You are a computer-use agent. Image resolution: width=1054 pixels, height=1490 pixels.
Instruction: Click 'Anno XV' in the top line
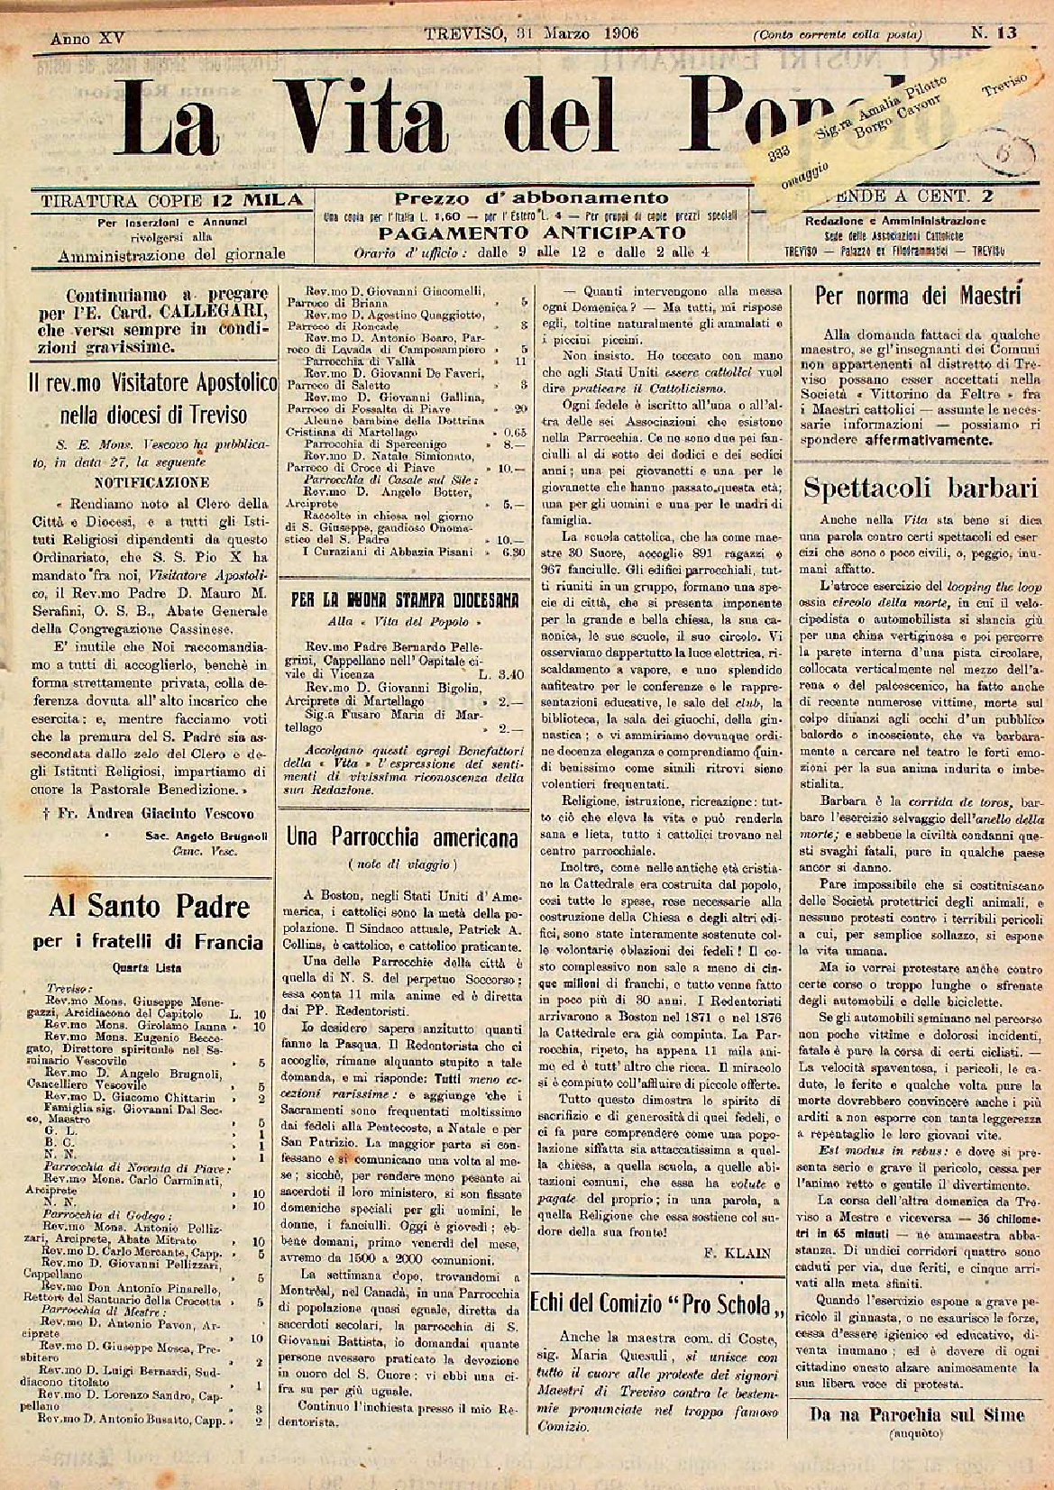click(87, 39)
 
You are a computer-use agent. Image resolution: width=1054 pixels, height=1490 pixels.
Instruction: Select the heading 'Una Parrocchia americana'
click(402, 836)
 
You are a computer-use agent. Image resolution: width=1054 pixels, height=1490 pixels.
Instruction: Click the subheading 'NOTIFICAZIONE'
click(151, 482)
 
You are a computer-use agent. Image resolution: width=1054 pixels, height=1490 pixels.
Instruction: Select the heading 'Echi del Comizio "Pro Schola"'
click(657, 1303)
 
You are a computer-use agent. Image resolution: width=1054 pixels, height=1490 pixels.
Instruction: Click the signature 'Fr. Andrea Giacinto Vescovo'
click(149, 813)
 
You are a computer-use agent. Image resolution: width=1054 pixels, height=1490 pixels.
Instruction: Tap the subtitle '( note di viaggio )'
click(402, 864)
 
